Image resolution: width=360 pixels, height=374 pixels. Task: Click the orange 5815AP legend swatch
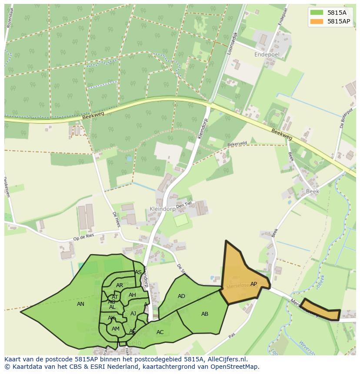coord(317,21)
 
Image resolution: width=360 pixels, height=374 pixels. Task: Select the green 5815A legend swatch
coord(317,12)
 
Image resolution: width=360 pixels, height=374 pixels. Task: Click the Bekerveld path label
coord(237,144)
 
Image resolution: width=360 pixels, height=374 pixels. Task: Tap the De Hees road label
coord(116,219)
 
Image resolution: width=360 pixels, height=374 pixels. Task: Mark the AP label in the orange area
coord(253,284)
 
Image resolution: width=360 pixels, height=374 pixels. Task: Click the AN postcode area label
coord(80,304)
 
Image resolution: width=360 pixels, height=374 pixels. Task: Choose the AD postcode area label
coord(181,296)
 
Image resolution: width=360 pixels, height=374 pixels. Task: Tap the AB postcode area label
coord(205,314)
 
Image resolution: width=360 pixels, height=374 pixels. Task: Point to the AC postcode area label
coord(160,332)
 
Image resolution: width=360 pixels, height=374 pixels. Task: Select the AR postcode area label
coord(120,285)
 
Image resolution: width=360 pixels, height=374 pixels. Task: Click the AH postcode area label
coord(132,295)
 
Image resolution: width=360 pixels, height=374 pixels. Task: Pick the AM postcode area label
coord(115,329)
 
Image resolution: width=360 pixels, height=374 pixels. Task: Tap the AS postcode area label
coord(138,272)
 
